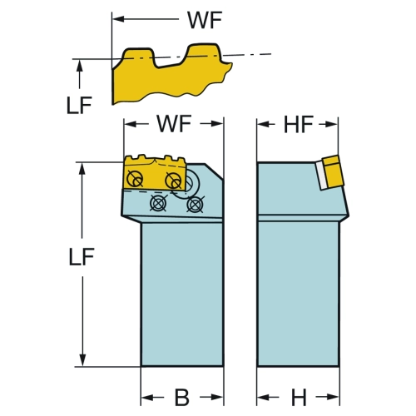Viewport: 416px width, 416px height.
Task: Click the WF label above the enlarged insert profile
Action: tap(205, 20)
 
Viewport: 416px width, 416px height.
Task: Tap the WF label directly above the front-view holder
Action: tap(174, 124)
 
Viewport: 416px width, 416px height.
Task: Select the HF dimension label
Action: tap(299, 125)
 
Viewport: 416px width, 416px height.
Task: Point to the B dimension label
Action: tap(182, 398)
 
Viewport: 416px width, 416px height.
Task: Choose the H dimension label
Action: tap(299, 398)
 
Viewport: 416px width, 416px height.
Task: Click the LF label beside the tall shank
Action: tap(82, 257)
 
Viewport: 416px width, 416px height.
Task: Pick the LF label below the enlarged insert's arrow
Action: tap(79, 106)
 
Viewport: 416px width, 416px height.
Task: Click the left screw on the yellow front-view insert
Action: tap(134, 178)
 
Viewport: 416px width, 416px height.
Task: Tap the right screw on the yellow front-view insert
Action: tap(173, 181)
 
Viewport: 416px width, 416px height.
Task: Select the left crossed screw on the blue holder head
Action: tap(158, 203)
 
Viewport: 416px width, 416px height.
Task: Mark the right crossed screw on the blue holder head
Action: tap(196, 205)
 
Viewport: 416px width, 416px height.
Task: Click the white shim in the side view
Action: tap(321, 176)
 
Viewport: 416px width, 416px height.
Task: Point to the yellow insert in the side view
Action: tap(331, 171)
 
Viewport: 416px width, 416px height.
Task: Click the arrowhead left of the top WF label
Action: tap(117, 19)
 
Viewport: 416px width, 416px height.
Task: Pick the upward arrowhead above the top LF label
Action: tap(80, 66)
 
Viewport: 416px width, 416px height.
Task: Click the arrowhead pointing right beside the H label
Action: tap(333, 397)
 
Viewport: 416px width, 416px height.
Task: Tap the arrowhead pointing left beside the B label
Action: tap(147, 398)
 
